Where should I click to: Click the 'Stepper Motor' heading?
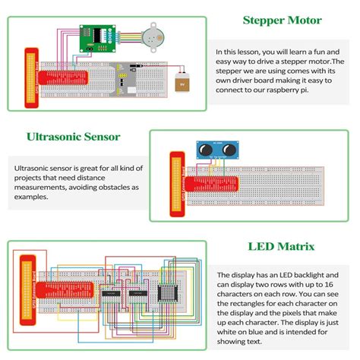(x=282, y=21)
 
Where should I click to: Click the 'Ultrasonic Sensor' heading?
(x=73, y=137)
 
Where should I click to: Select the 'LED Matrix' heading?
(x=282, y=246)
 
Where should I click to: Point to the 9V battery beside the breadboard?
(x=182, y=84)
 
